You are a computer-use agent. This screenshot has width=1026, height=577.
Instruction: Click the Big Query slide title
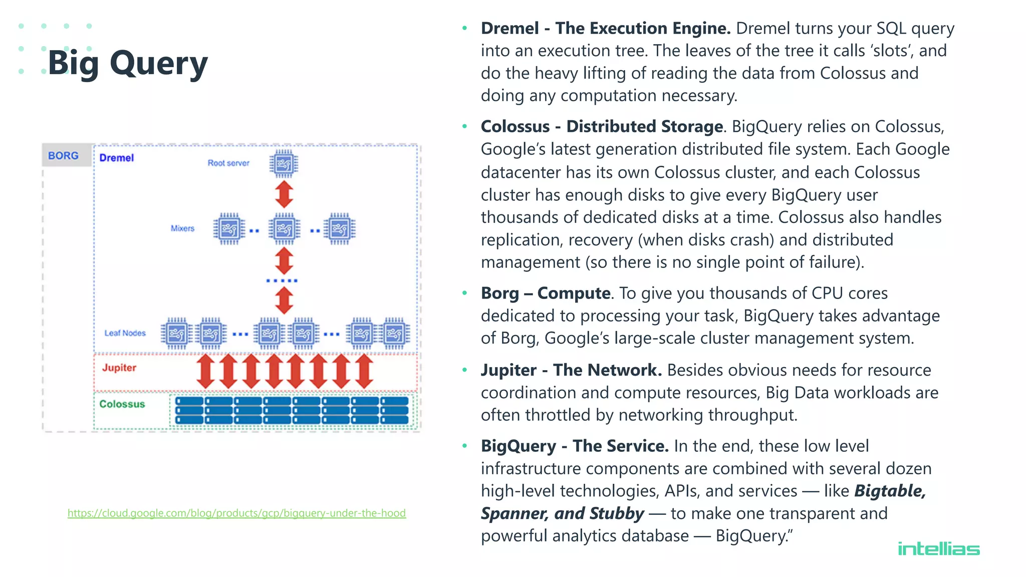pos(127,64)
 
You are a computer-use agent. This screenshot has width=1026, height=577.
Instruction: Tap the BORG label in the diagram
pos(63,156)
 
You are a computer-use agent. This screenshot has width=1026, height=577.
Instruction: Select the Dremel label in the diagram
pos(116,158)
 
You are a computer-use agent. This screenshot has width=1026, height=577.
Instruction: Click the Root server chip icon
pos(284,164)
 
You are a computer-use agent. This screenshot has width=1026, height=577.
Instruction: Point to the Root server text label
pos(228,163)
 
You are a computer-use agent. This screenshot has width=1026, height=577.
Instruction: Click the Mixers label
pos(182,228)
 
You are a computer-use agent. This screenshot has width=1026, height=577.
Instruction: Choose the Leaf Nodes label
pos(125,333)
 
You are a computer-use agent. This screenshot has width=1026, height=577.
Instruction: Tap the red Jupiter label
pos(119,368)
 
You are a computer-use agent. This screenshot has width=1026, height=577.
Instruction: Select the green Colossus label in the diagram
pos(122,404)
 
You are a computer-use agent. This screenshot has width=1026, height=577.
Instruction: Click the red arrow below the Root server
pos(284,194)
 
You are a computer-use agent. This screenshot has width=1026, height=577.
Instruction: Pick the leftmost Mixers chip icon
pos(229,229)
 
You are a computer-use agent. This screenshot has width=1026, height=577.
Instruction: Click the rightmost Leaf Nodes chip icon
pos(394,333)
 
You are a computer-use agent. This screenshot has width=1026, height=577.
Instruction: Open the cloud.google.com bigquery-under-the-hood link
pos(236,513)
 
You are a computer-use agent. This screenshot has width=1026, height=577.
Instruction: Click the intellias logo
pos(938,549)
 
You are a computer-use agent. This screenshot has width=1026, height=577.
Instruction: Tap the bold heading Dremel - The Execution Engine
pos(606,29)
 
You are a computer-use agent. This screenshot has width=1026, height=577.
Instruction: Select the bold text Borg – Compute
pos(545,293)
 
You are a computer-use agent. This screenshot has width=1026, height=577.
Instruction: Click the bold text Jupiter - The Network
pos(571,370)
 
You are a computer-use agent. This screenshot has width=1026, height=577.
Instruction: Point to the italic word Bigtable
pos(889,491)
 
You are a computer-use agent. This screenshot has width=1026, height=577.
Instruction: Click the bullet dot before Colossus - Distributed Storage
pos(465,127)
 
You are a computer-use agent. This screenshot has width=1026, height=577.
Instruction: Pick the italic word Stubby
pos(617,513)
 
